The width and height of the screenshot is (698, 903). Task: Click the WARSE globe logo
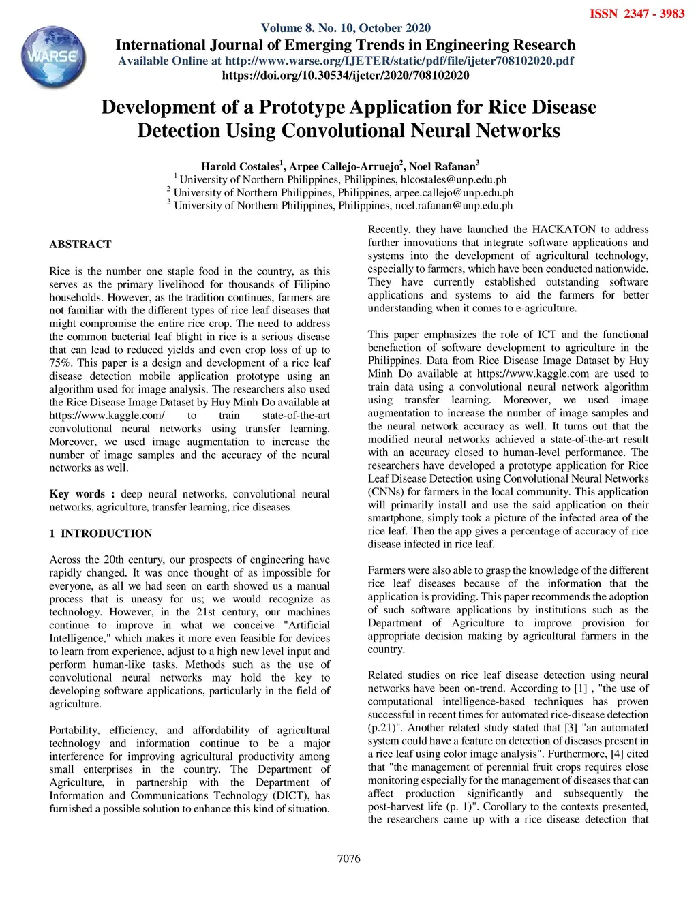(54, 57)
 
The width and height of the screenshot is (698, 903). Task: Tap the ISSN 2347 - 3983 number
(637, 14)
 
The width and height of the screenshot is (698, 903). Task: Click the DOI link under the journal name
(346, 75)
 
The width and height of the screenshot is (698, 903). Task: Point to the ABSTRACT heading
(80, 244)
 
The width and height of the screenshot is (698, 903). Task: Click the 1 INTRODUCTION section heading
(100, 534)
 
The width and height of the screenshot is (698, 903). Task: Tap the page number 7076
(349, 859)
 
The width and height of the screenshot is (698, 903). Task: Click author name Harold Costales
(240, 166)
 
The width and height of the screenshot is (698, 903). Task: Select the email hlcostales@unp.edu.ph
(453, 180)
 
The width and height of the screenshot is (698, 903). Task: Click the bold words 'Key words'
(77, 494)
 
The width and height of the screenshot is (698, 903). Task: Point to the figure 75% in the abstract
(60, 363)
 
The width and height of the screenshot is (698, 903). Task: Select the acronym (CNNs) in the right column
(386, 492)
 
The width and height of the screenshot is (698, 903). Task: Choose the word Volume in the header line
(282, 28)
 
